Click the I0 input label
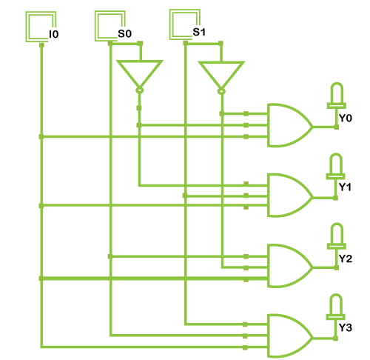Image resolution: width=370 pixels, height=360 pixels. pyautogui.click(x=54, y=34)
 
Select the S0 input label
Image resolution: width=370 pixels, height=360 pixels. pyautogui.click(x=124, y=33)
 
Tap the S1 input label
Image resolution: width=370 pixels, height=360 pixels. pyautogui.click(x=199, y=32)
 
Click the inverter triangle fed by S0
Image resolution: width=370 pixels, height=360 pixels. pyautogui.click(x=140, y=73)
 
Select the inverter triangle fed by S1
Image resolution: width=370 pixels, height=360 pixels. pyautogui.click(x=221, y=75)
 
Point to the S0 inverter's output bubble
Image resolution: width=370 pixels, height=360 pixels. pyautogui.click(x=140, y=90)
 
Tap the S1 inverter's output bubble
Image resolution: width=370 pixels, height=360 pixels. pyautogui.click(x=221, y=92)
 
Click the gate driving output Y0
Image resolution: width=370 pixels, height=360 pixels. pyautogui.click(x=290, y=125)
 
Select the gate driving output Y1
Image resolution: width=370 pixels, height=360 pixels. pyautogui.click(x=290, y=196)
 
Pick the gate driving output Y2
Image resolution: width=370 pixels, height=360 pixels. pyautogui.click(x=290, y=266)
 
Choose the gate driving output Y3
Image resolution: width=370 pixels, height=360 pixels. pyautogui.click(x=290, y=336)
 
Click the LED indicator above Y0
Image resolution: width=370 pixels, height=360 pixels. pyautogui.click(x=337, y=96)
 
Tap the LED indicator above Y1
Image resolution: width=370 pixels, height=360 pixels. pyautogui.click(x=336, y=166)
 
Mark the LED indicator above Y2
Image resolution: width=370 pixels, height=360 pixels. pyautogui.click(x=337, y=236)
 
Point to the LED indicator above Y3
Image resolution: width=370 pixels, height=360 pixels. pyautogui.click(x=336, y=307)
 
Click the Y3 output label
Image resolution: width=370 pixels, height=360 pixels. pyautogui.click(x=346, y=328)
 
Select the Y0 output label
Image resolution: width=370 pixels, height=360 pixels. pyautogui.click(x=346, y=119)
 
